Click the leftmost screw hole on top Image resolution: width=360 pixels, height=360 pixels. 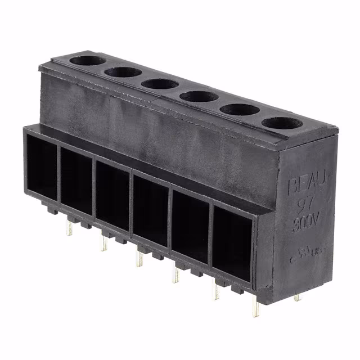pyautogui.click(x=87, y=60)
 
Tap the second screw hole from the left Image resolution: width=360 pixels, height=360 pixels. pyautogui.click(x=123, y=72)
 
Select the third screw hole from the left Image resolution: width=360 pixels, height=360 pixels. pyautogui.click(x=160, y=84)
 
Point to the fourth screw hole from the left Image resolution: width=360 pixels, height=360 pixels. pyautogui.click(x=199, y=96)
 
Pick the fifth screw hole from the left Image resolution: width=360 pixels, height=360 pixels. pyautogui.click(x=238, y=109)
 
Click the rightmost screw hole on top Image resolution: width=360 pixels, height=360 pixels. pyautogui.click(x=282, y=123)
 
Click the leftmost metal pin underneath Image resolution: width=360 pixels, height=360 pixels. pyautogui.click(x=69, y=228)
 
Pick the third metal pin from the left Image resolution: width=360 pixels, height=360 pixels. pyautogui.click(x=138, y=258)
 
